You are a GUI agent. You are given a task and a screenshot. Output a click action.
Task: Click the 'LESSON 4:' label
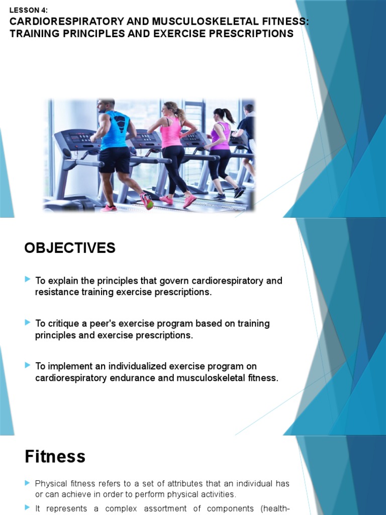click(x=29, y=10)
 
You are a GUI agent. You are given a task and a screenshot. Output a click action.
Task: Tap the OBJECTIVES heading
click(x=70, y=248)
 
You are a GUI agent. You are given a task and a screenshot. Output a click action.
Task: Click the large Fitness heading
click(x=55, y=457)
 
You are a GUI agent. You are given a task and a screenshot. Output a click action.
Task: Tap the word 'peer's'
click(x=106, y=323)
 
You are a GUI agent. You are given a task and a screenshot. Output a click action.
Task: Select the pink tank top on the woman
click(x=171, y=133)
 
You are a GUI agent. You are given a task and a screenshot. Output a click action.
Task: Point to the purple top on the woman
click(x=220, y=136)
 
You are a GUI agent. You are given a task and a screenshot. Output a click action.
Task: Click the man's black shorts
click(x=115, y=160)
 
